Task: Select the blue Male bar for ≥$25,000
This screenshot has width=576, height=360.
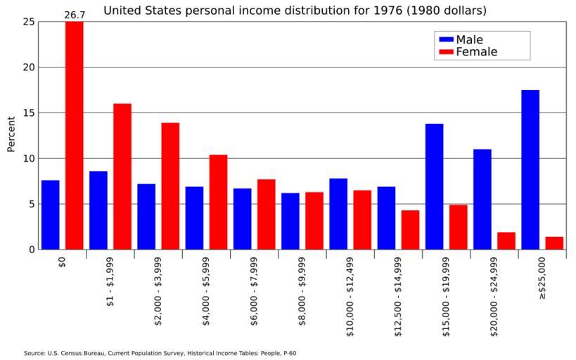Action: point(530,169)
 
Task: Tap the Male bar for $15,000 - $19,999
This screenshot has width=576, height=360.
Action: point(434,186)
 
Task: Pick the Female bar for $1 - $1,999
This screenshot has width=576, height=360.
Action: point(122,176)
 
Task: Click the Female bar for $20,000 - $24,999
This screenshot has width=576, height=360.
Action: point(506,240)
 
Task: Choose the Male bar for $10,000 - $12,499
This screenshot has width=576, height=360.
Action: point(338,214)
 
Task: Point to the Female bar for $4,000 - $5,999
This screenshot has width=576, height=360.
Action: point(218,202)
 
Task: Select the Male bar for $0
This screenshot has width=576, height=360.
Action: point(50,214)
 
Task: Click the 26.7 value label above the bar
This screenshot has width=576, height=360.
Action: point(75,14)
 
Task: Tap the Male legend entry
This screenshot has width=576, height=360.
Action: point(468,39)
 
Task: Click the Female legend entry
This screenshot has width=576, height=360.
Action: point(475,52)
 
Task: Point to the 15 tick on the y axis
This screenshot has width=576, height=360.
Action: point(28,112)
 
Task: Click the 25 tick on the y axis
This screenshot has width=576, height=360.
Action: point(28,22)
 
